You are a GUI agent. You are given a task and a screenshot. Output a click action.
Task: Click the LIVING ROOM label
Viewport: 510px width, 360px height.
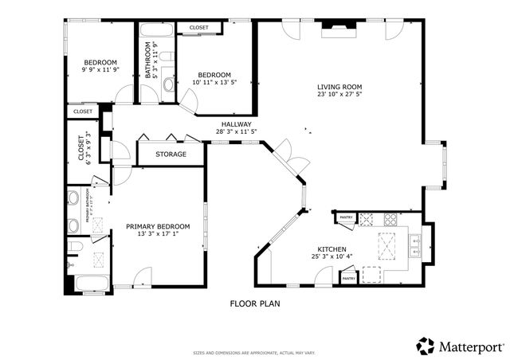(x=339, y=88)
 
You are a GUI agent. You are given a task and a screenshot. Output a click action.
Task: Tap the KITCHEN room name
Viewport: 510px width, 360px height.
(x=330, y=248)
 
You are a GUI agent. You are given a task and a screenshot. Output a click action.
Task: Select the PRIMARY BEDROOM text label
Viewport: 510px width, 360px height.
(x=158, y=227)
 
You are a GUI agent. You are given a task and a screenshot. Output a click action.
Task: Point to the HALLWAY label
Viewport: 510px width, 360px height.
(x=236, y=124)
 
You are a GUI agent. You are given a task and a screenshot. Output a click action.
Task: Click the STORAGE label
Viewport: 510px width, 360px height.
(x=171, y=154)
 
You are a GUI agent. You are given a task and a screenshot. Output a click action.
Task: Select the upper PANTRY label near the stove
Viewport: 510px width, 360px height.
(x=347, y=217)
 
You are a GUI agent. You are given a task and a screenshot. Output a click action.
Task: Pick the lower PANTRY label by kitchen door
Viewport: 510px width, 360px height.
(x=349, y=278)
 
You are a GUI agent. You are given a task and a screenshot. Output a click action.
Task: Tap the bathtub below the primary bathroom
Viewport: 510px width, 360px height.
(x=87, y=283)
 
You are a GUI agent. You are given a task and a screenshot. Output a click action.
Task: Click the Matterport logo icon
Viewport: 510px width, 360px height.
(x=426, y=346)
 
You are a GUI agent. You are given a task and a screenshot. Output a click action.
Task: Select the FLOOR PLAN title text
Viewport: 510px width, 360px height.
(x=255, y=303)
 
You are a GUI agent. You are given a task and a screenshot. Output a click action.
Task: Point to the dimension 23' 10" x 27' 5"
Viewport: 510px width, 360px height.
(x=339, y=95)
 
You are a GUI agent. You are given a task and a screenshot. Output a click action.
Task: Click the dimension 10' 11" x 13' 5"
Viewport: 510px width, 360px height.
(x=214, y=82)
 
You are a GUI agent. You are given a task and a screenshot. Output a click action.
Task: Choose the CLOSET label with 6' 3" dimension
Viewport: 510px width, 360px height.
(x=80, y=151)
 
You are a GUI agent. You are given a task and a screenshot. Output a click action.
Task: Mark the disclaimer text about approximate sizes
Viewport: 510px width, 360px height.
(x=254, y=352)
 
